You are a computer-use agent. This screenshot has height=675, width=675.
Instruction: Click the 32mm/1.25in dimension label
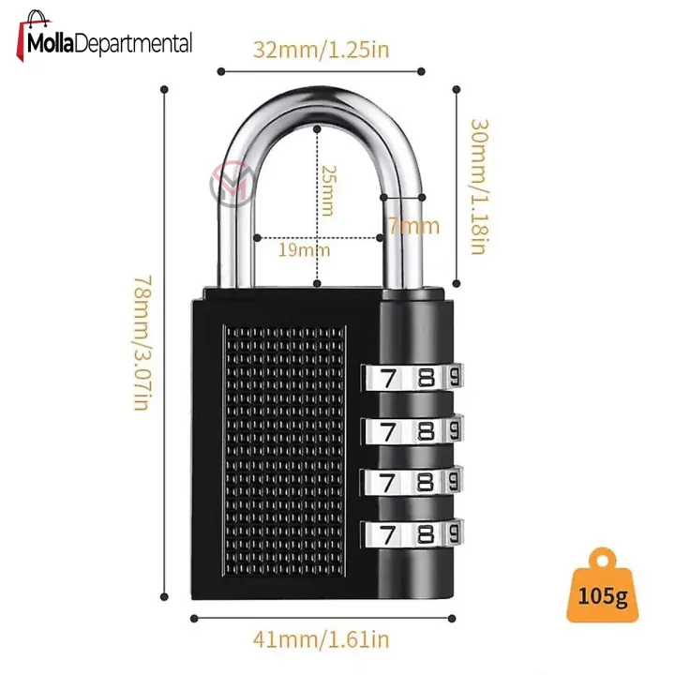tap(322, 50)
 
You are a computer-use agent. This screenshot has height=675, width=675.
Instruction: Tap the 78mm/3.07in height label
tap(142, 343)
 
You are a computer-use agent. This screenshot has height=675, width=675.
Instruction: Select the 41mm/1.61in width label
tap(322, 639)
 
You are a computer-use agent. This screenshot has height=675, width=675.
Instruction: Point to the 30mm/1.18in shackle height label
tap(479, 187)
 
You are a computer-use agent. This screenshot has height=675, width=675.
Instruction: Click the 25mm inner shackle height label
tap(328, 190)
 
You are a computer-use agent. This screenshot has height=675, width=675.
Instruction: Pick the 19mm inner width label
tap(304, 250)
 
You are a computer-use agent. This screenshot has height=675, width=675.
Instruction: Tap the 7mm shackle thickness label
tap(414, 226)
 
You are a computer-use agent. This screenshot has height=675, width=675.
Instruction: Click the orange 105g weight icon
tap(603, 585)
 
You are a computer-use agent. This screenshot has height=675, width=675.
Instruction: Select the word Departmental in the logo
tap(134, 44)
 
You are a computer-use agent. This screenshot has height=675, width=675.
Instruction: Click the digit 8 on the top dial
tap(427, 378)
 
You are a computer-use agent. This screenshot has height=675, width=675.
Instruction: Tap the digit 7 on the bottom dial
tap(389, 535)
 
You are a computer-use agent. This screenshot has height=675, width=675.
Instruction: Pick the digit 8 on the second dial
tap(427, 430)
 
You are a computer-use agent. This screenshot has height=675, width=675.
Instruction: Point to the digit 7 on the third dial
tap(388, 483)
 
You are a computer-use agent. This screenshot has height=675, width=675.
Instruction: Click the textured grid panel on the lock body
tap(285, 451)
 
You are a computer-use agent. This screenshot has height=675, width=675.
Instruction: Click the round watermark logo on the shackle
tap(232, 185)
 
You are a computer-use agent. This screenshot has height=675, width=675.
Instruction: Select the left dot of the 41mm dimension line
tap(194, 619)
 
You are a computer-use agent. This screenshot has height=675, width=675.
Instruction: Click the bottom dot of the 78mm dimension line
tap(164, 596)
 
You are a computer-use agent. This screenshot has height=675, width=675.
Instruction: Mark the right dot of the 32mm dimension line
tap(421, 71)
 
